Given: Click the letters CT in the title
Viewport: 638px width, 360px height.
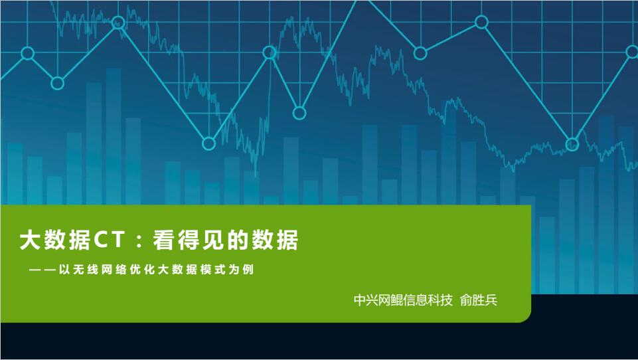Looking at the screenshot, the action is point(109,240).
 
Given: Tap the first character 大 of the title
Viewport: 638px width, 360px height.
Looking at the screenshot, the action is point(30,240).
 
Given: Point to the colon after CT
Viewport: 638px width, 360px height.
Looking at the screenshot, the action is point(139,241).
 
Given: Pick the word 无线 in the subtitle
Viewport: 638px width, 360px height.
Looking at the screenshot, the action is point(86,270).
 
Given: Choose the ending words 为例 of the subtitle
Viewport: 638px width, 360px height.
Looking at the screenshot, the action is point(241,270).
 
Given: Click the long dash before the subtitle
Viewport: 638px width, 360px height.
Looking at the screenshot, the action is point(42,270).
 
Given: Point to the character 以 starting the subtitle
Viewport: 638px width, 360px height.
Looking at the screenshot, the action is point(64,270).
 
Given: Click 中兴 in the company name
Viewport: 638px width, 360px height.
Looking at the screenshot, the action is point(366,300).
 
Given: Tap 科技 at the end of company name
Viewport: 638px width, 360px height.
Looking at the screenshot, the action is point(440,300).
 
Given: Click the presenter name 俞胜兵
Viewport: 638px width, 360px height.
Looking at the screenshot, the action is point(479,300).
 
